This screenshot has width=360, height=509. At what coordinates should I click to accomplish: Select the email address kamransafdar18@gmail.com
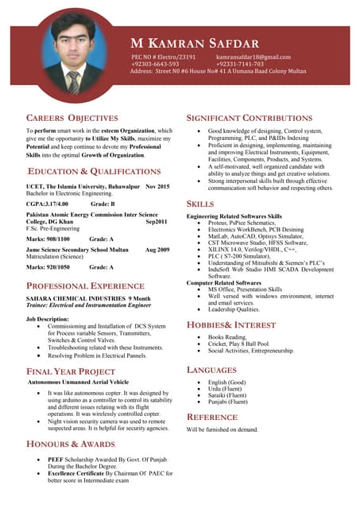point(254,57)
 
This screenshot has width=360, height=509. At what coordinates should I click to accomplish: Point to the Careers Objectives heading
point(72,118)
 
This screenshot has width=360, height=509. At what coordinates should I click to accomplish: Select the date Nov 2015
point(157,186)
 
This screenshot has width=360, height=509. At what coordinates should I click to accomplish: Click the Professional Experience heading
point(85,285)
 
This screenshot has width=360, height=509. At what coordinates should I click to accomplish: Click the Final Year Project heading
point(71,371)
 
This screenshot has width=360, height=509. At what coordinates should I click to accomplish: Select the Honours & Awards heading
point(72,443)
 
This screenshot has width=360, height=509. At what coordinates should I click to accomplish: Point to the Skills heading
point(200,204)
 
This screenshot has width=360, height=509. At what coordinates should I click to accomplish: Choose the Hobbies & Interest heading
point(231,325)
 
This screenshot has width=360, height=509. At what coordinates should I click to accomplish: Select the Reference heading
point(211,417)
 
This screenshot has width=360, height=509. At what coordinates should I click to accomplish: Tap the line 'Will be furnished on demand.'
point(223,429)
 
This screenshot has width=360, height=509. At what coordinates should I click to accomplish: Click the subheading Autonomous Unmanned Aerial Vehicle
point(78,383)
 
